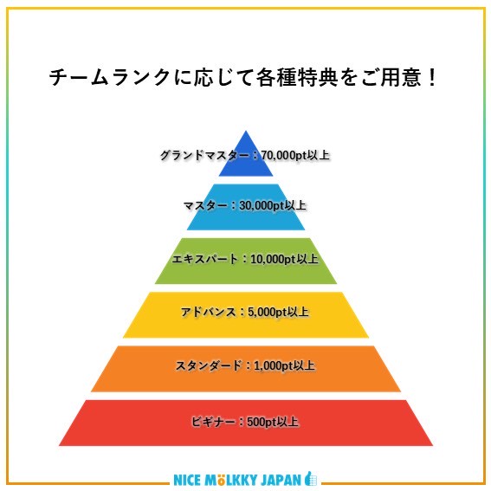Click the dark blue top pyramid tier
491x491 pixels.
[246, 159]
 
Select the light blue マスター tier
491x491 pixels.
[246, 207]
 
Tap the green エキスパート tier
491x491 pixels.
[246, 262]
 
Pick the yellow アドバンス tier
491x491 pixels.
[246, 315]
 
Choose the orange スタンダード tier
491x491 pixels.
[246, 369]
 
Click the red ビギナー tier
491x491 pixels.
[246, 423]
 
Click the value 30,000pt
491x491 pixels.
[262, 206]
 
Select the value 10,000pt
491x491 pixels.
[273, 259]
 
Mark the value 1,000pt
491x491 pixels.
[273, 365]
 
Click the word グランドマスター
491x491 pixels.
[204, 155]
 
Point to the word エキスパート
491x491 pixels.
[205, 259]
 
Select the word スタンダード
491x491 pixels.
[209, 365]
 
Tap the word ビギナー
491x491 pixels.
[213, 422]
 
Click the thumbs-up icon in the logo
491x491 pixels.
[311, 479]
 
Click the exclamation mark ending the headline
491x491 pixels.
[432, 77]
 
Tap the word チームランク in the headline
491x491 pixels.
[109, 77]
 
